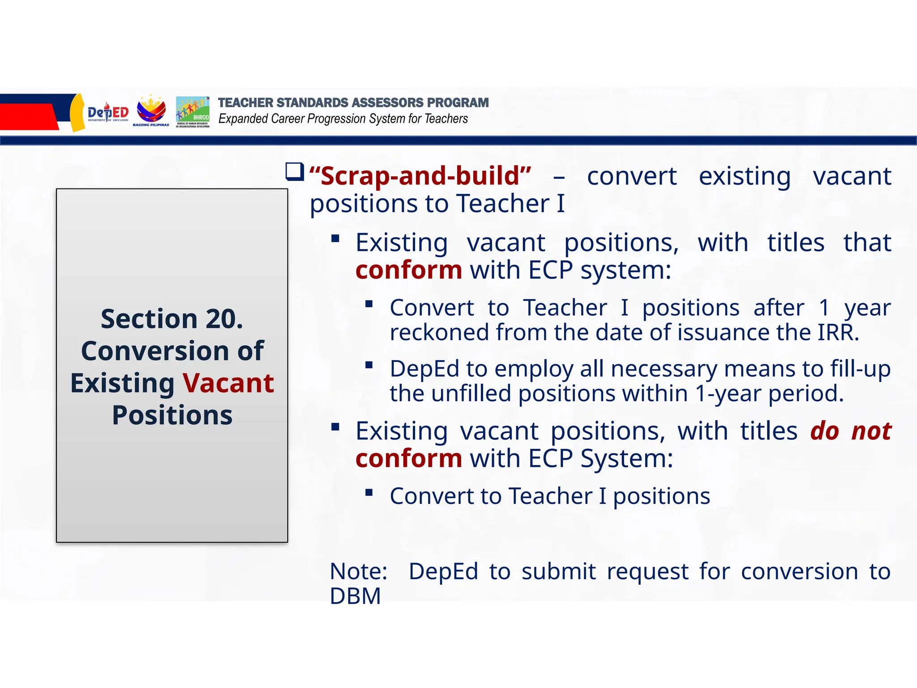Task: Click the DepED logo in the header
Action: (x=107, y=113)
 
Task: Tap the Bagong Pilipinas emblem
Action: (x=151, y=110)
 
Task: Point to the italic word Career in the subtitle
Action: (x=288, y=119)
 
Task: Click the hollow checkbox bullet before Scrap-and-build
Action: (x=295, y=172)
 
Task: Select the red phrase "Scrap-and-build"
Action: (x=420, y=176)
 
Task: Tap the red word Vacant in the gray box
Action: (x=228, y=383)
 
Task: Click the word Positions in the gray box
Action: (x=172, y=415)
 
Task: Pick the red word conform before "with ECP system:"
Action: (x=408, y=270)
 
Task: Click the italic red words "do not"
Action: (x=850, y=431)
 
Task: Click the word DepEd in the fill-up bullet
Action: (x=424, y=369)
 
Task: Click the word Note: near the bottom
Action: (x=358, y=572)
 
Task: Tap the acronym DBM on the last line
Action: (x=355, y=596)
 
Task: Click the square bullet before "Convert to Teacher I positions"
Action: (x=369, y=493)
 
